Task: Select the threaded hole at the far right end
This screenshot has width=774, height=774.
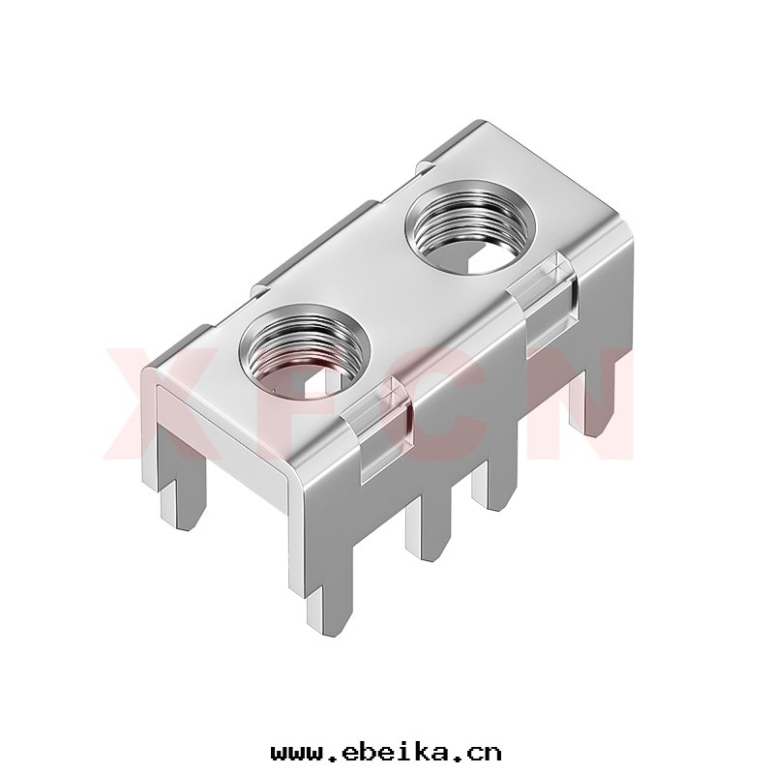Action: point(470,226)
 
